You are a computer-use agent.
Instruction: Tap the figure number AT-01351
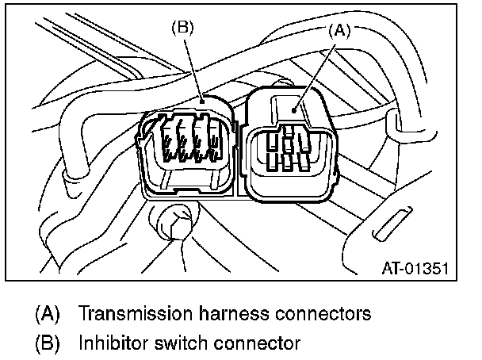tap(415, 268)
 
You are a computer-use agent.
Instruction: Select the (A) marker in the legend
tap(47, 312)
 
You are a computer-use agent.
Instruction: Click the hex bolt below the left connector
tap(171, 223)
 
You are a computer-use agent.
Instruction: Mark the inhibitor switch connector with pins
tap(188, 147)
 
